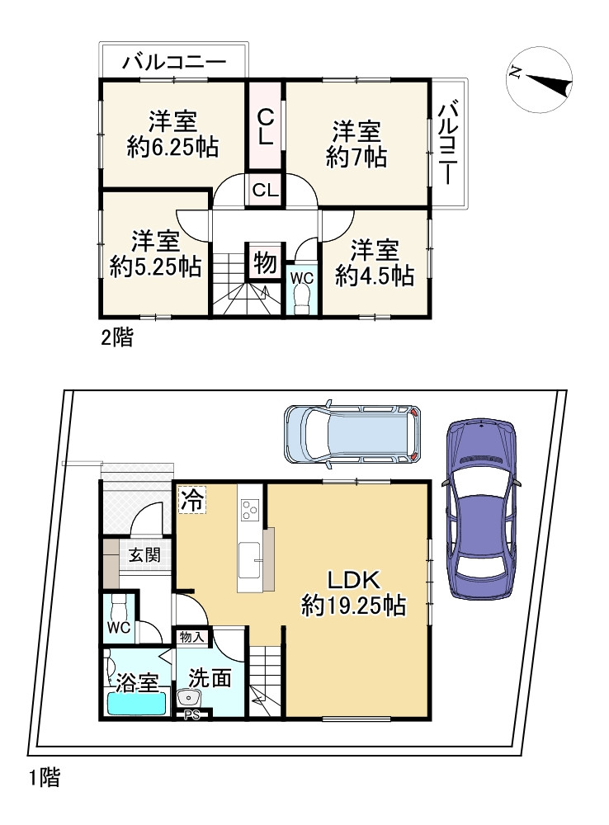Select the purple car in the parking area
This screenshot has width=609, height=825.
[482, 509]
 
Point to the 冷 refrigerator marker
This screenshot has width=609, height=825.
[192, 499]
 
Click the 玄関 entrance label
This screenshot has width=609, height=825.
[144, 554]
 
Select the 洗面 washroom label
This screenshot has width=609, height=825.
[209, 677]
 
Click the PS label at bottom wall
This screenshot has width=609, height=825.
[191, 714]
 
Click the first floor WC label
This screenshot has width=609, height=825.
[119, 627]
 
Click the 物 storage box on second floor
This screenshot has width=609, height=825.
[265, 263]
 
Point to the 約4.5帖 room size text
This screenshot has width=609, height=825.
[374, 276]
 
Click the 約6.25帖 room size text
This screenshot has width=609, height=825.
[172, 148]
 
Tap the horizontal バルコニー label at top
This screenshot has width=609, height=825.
[174, 61]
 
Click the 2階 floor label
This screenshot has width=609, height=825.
[116, 337]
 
